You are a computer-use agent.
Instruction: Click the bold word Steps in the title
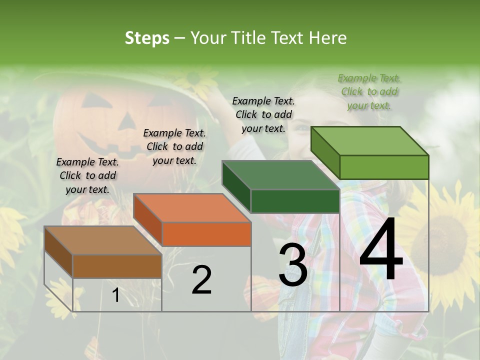click(147, 38)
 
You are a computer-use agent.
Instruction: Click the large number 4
click(381, 249)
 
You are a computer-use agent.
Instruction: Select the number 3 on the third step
click(292, 265)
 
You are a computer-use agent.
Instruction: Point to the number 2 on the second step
click(201, 280)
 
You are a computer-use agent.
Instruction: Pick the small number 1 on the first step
click(115, 295)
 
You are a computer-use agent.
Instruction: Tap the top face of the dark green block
click(280, 175)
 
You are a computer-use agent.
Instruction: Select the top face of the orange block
click(192, 207)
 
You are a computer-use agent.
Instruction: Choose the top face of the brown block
click(103, 240)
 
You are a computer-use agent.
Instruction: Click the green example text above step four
click(369, 91)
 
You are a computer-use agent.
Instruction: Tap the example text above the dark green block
click(263, 114)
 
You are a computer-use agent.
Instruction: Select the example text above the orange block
click(174, 146)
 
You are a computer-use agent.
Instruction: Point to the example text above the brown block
click(87, 175)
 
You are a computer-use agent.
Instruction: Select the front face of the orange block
click(206, 234)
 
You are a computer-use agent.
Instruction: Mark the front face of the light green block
click(383, 167)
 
